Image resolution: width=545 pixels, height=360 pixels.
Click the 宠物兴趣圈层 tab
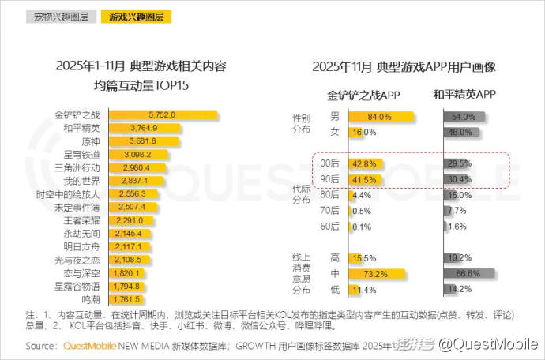click(x=61, y=16)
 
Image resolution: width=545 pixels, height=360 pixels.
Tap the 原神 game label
click(x=89, y=141)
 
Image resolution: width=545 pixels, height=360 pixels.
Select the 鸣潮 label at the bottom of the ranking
click(x=89, y=300)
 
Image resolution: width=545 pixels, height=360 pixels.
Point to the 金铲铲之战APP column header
click(x=364, y=96)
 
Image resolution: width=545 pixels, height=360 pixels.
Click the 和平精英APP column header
click(x=464, y=96)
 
